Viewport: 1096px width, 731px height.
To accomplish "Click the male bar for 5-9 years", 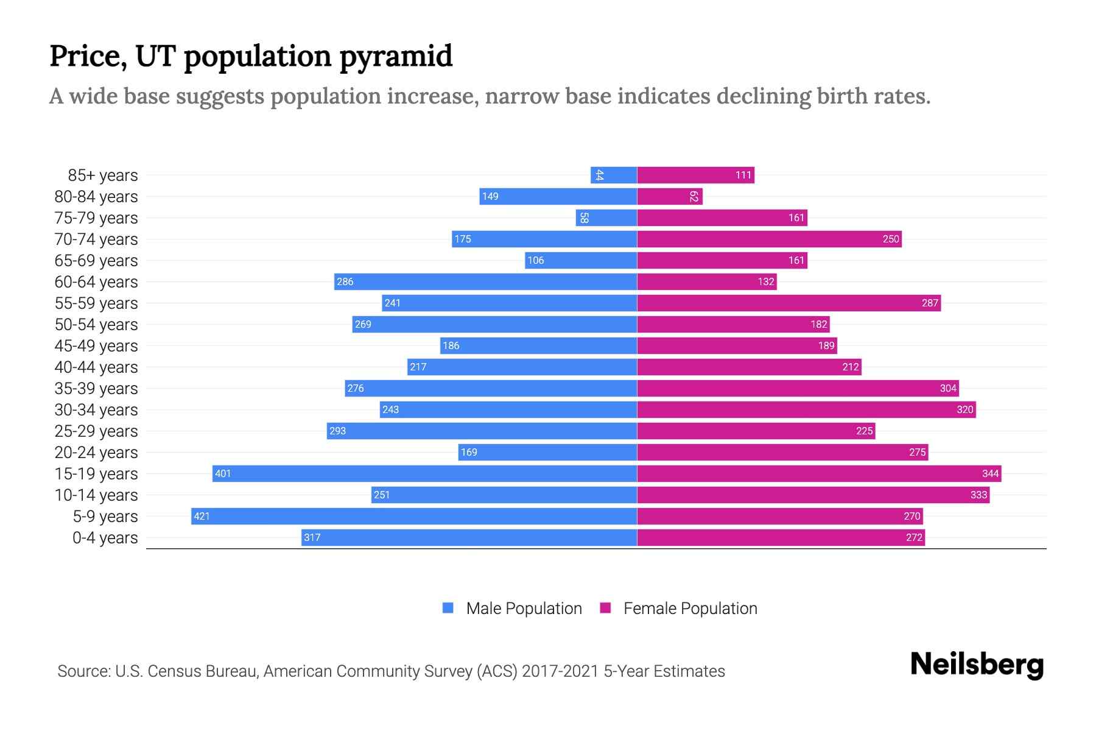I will [x=414, y=516].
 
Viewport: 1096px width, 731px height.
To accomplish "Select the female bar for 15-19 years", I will [x=819, y=473].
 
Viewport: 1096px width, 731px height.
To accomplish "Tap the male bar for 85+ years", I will [x=614, y=175].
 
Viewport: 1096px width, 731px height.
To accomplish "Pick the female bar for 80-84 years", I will [x=670, y=196].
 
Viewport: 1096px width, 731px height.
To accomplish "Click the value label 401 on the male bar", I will [x=223, y=473].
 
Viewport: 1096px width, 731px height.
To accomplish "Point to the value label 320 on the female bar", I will [x=964, y=409].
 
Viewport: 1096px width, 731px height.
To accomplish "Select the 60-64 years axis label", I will [x=96, y=282].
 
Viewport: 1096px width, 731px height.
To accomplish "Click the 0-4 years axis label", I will [x=105, y=538].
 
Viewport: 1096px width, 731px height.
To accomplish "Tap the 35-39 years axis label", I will [x=96, y=389].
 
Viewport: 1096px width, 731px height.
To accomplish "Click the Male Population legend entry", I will [x=524, y=609].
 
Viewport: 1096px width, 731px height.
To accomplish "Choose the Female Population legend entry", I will [x=690, y=609].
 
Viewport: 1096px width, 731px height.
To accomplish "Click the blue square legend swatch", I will [x=448, y=608].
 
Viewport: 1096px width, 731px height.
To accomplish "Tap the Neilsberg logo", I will [x=977, y=665].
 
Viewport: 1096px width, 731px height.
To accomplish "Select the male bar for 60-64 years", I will [x=485, y=281].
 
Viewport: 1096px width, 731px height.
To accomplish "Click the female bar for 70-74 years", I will [x=769, y=239].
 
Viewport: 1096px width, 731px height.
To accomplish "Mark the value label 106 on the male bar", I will [x=536, y=260].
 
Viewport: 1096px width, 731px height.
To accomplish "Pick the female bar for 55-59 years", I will [x=789, y=303].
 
